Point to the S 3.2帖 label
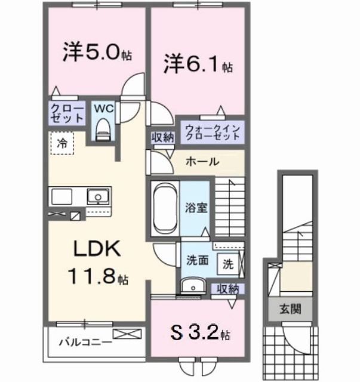coord(200,330)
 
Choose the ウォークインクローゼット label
coord(213,131)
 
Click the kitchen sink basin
coord(96,196)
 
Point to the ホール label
coord(202,162)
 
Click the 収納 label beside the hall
coord(162,137)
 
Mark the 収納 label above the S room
coord(227,288)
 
